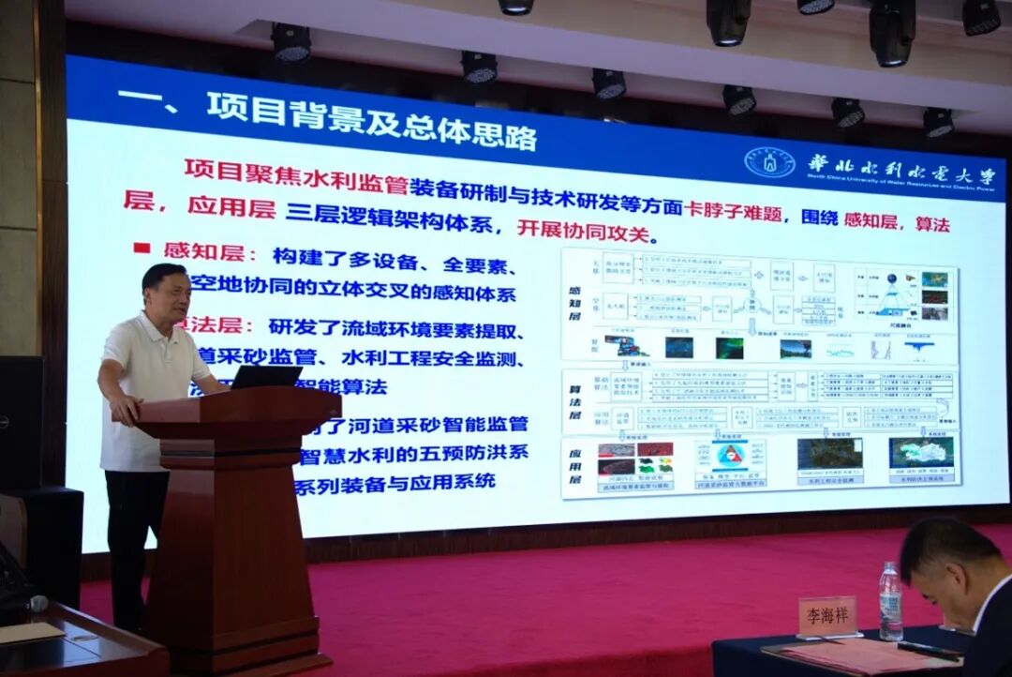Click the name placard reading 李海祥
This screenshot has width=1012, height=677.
(x=827, y=615)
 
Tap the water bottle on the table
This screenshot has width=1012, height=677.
(x=890, y=601)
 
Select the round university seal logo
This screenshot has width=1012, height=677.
(x=769, y=163)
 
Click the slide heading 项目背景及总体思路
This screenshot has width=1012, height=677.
(x=371, y=119)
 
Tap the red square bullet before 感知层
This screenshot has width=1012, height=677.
(x=141, y=248)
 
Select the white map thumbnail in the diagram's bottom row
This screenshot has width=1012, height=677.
(x=920, y=453)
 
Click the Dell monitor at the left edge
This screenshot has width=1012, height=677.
(x=20, y=422)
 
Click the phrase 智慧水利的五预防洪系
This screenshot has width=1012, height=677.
(x=413, y=453)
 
